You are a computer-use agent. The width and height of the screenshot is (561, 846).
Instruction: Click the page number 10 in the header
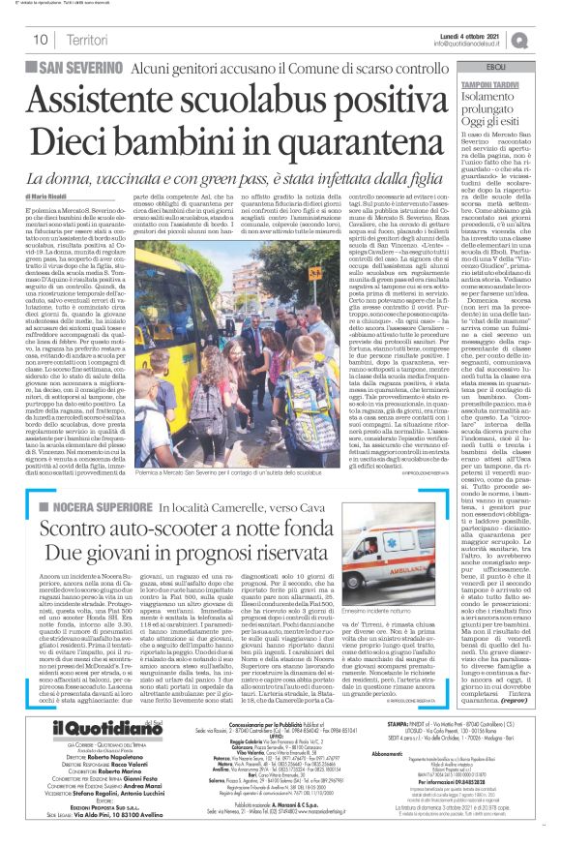(40, 40)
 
